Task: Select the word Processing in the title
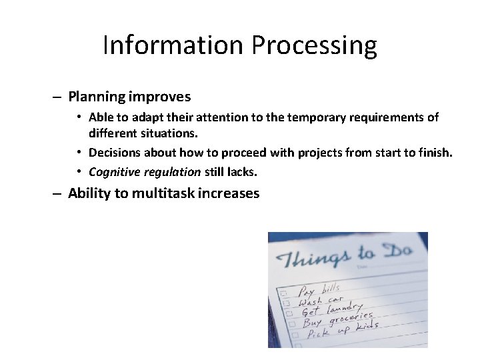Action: pos(314,45)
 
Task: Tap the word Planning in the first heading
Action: pos(97,97)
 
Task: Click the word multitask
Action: pos(163,194)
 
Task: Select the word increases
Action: pos(229,194)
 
